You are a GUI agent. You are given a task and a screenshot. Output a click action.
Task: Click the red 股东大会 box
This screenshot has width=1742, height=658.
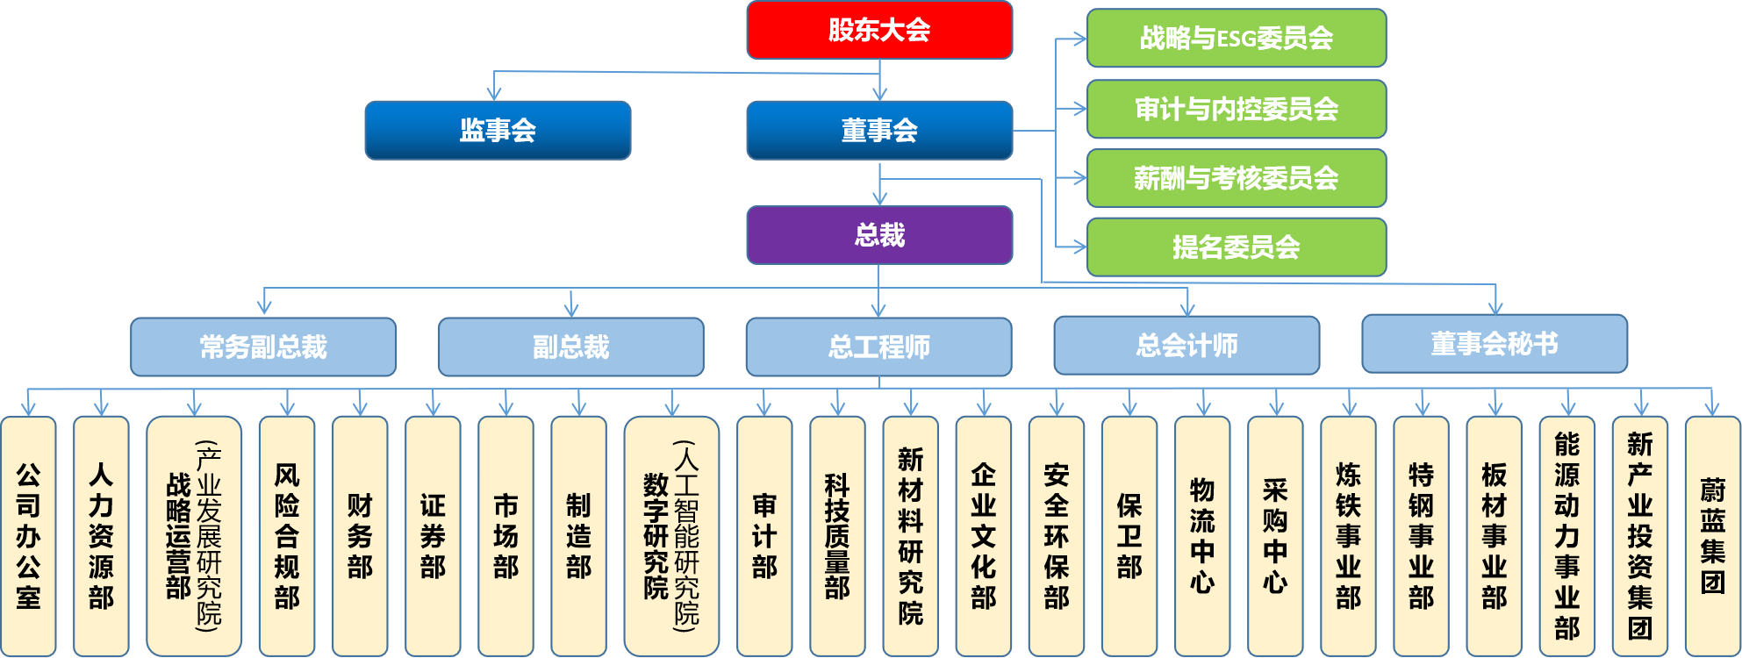(x=879, y=31)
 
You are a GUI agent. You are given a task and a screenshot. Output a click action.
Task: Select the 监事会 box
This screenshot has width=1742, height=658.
(x=498, y=131)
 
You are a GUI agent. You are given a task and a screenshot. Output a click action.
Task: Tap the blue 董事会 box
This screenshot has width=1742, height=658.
(x=879, y=131)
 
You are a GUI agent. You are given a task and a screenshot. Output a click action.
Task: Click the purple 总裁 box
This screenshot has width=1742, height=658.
(x=879, y=235)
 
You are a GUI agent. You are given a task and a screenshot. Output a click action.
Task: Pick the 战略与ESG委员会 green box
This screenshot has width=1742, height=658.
(x=1236, y=39)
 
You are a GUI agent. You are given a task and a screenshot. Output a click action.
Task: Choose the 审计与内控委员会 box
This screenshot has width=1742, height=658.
(x=1236, y=109)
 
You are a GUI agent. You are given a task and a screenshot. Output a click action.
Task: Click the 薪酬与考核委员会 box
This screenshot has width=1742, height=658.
(x=1236, y=178)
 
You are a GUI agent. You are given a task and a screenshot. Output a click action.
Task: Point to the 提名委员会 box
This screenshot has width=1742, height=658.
(x=1236, y=247)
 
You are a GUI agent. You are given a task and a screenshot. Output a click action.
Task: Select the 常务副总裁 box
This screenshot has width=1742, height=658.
(x=263, y=347)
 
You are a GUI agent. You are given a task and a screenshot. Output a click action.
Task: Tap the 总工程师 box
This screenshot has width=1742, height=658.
(x=878, y=347)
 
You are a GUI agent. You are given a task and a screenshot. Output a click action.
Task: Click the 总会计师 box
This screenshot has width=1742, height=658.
(x=1186, y=346)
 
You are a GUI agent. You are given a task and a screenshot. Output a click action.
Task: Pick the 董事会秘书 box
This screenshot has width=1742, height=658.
(x=1495, y=344)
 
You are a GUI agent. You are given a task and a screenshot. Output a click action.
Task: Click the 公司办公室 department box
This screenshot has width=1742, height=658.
(x=28, y=536)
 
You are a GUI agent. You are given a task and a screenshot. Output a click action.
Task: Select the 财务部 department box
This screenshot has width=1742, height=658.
(x=360, y=536)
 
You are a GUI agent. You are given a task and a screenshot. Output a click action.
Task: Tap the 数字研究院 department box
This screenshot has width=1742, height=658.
(x=671, y=536)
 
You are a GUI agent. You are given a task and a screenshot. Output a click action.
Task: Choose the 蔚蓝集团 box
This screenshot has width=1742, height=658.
(x=1712, y=536)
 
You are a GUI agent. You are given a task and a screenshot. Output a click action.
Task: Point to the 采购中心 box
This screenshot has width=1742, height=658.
(x=1275, y=536)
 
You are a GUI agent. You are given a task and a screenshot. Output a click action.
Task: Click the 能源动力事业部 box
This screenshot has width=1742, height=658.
(x=1567, y=536)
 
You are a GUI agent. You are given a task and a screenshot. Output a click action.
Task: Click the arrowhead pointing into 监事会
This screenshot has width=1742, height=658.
(x=494, y=94)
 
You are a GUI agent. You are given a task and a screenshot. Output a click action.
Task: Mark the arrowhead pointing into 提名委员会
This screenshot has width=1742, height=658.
(x=1079, y=247)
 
